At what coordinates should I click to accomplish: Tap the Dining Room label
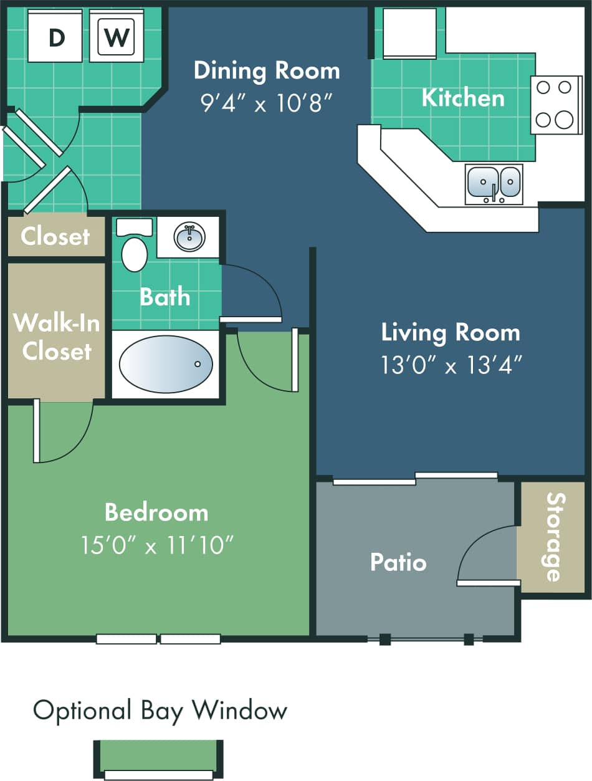267,70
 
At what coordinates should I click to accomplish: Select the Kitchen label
463,98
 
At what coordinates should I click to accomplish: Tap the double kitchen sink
494,183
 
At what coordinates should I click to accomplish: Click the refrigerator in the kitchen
409,33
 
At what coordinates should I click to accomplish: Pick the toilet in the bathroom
134,247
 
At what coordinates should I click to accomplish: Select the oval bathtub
166,364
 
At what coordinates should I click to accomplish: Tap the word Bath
165,297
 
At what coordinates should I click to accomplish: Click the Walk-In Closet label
57,337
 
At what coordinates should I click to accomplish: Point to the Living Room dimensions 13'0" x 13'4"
451,365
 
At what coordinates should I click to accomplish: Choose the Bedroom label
156,512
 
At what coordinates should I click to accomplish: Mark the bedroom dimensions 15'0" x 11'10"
157,545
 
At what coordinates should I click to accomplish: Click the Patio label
398,562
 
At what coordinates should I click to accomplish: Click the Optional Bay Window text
160,710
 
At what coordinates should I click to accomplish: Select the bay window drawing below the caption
158,759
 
